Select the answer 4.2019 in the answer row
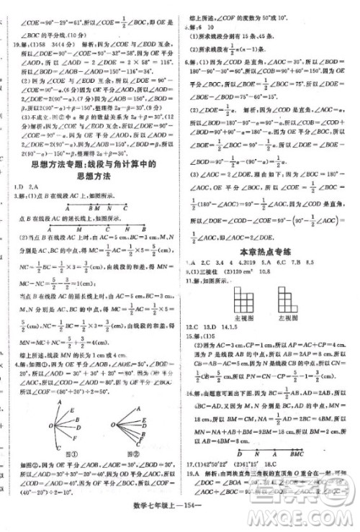click(x=230, y=263)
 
